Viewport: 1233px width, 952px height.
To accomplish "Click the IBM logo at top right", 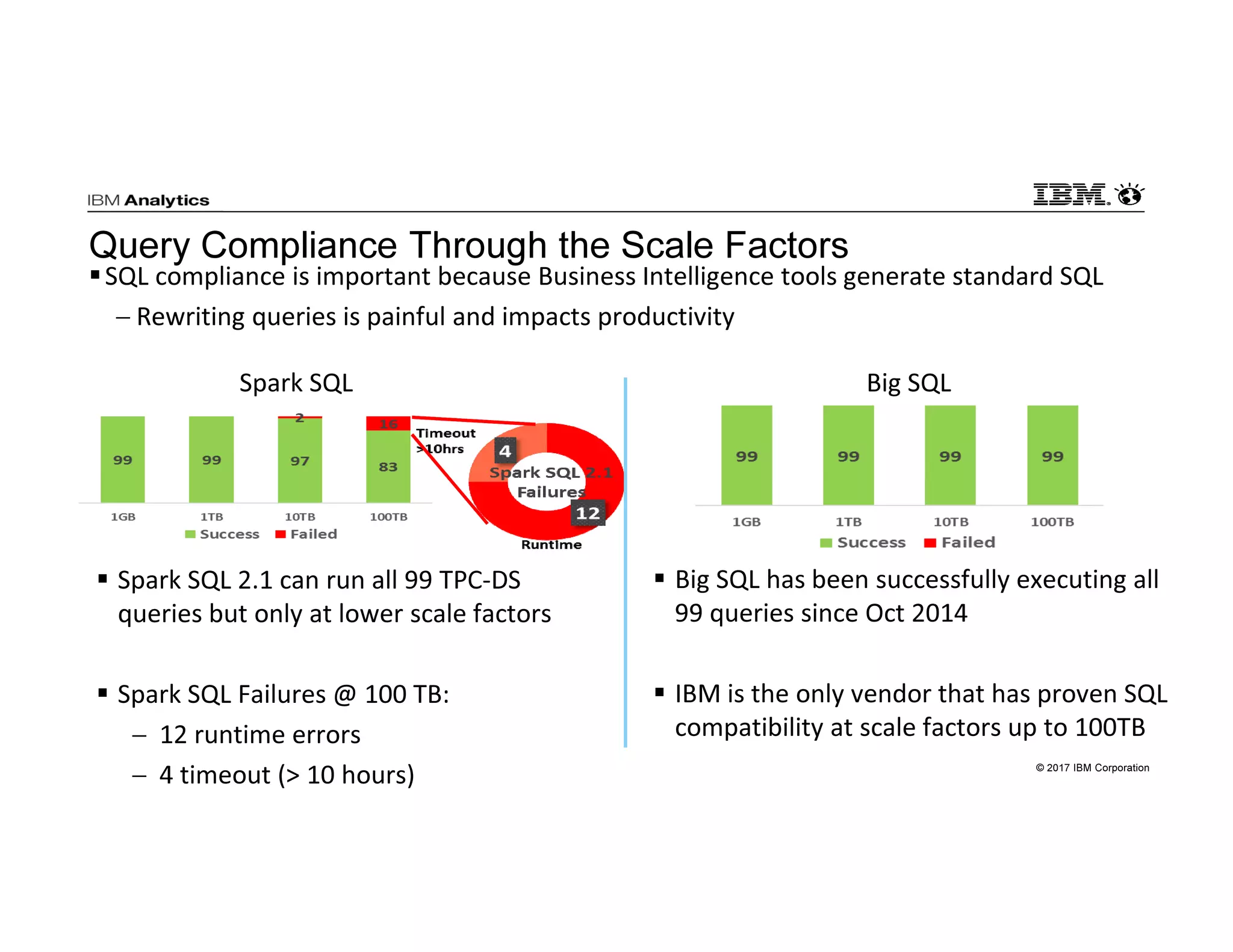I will click(x=1071, y=194).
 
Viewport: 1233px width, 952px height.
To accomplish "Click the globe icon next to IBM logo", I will click(x=1129, y=195).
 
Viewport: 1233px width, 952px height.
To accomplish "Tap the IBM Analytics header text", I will click(x=148, y=200).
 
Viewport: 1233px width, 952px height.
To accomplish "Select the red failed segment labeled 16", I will click(x=388, y=424).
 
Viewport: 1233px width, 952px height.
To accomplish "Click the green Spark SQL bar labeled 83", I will click(x=388, y=466).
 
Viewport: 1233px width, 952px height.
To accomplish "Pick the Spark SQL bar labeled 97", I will click(x=300, y=461).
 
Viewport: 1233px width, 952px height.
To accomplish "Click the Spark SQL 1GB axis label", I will click(x=123, y=517).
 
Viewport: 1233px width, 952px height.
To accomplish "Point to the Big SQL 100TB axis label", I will click(x=1052, y=522).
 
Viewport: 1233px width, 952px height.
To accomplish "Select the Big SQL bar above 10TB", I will click(x=950, y=456).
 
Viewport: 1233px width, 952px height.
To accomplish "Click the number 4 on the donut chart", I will click(x=505, y=451).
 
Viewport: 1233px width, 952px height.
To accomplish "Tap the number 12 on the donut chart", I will click(x=588, y=513).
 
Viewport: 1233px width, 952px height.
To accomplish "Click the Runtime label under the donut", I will click(x=551, y=545).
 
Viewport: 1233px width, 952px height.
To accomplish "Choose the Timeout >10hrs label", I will click(x=445, y=441).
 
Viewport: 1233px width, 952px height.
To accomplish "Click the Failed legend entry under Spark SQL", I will click(x=306, y=534).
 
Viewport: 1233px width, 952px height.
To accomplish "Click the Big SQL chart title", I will click(x=908, y=383).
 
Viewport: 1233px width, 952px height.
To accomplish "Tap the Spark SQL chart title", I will click(x=296, y=383).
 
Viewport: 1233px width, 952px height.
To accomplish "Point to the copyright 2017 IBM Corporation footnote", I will click(x=1092, y=768).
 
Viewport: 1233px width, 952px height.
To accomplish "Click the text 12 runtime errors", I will click(x=259, y=735).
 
